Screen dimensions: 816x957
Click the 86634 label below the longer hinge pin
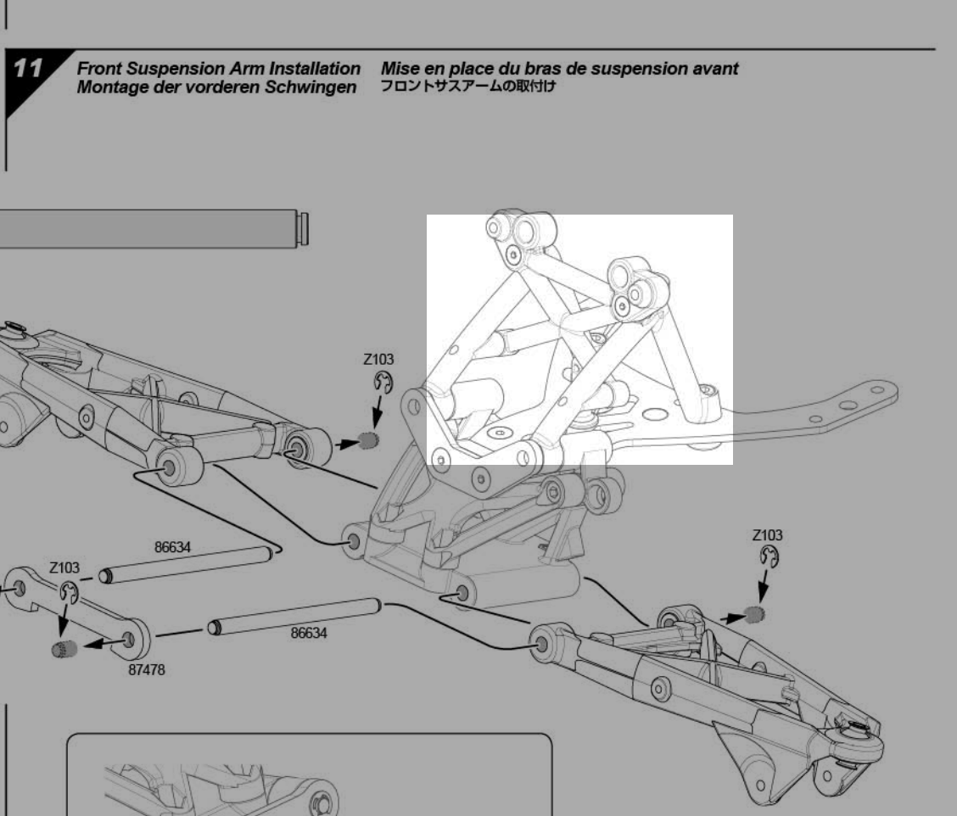[308, 633]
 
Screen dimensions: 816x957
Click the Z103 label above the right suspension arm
[767, 535]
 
